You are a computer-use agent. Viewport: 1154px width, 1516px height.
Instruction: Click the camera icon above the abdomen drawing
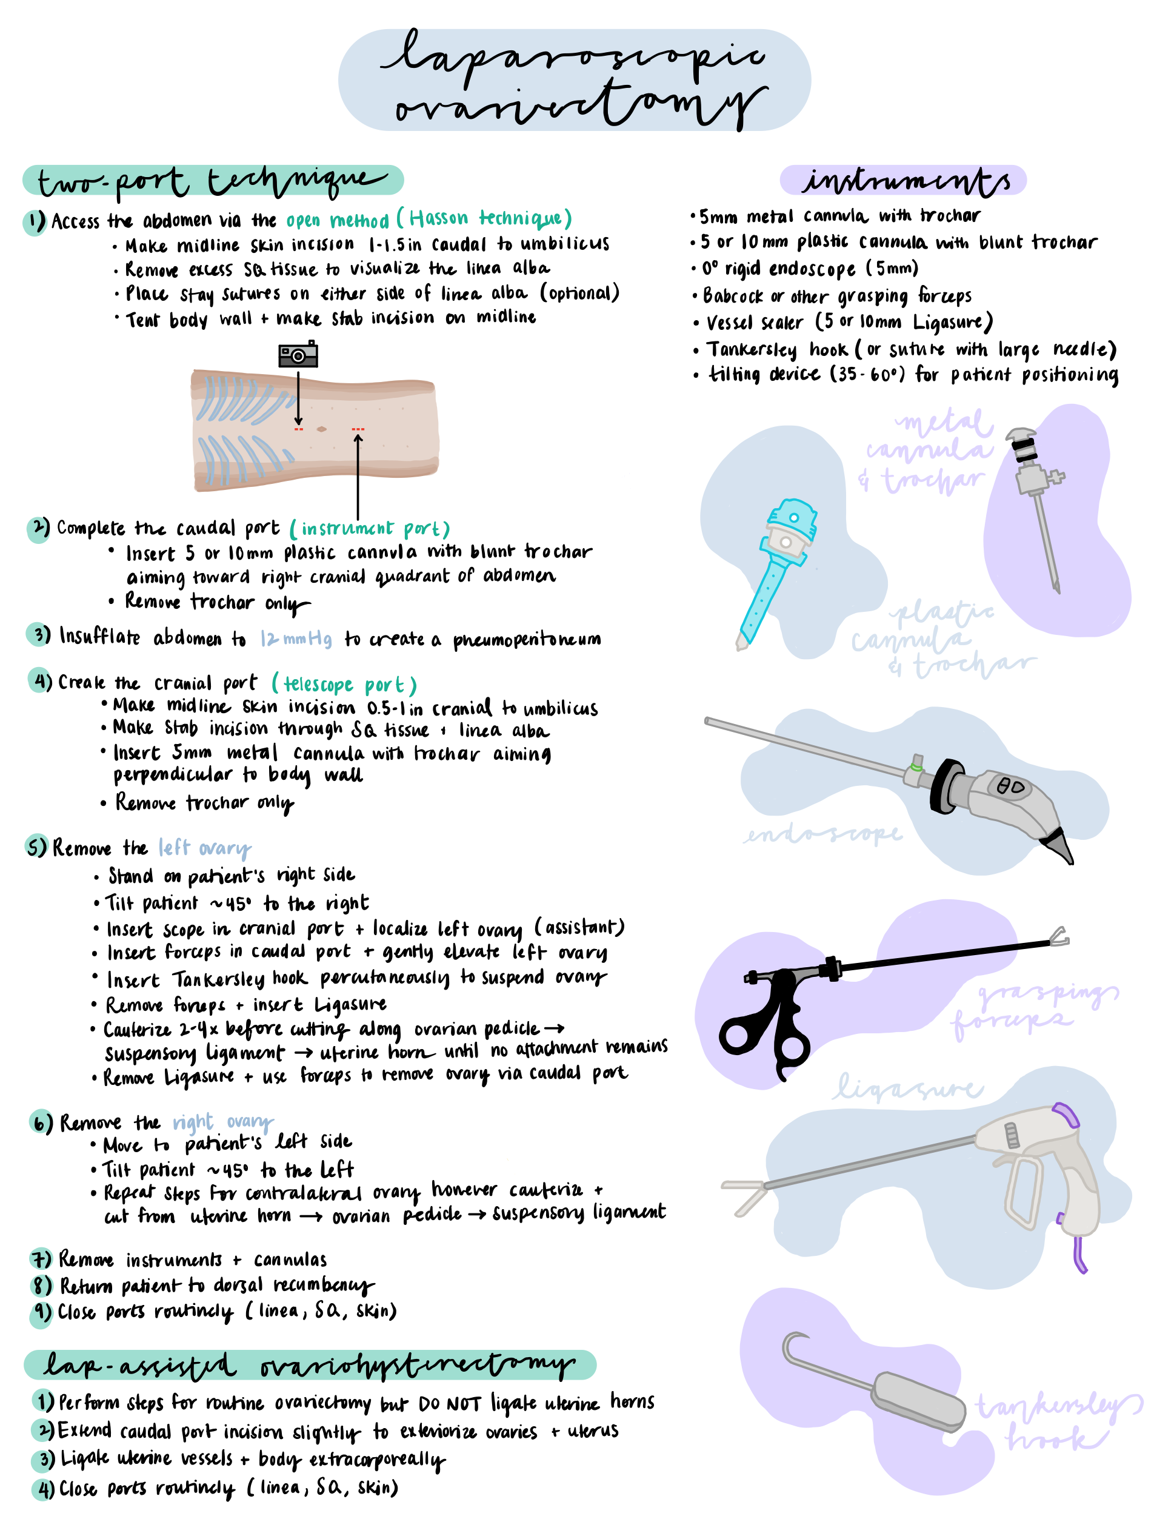[x=298, y=355]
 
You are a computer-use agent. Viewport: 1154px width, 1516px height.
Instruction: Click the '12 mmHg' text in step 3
[x=296, y=639]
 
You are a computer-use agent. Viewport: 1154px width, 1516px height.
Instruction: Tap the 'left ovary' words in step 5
[x=204, y=848]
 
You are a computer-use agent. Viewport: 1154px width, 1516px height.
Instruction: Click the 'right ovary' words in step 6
[x=222, y=1122]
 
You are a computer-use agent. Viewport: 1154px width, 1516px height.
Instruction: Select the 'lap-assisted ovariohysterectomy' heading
[x=309, y=1365]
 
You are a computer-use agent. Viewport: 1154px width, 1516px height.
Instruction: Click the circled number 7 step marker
[x=41, y=1259]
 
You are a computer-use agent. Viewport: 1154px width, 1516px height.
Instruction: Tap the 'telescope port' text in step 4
[x=344, y=685]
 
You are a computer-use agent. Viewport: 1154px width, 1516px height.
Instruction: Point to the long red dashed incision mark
[x=358, y=429]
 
